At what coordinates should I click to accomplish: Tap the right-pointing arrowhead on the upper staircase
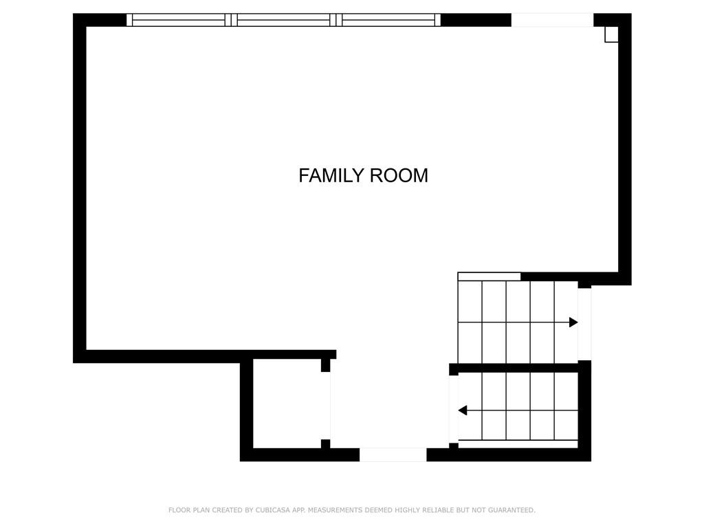tap(573, 322)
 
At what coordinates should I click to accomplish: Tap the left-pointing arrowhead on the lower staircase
tap(463, 410)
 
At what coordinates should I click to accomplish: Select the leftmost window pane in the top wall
tap(179, 20)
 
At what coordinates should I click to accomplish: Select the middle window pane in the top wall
tap(283, 20)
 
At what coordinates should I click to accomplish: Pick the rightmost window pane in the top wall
tap(388, 20)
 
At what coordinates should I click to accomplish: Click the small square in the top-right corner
tap(611, 34)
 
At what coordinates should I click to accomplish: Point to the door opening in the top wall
tap(552, 20)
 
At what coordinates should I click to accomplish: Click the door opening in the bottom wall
tap(393, 455)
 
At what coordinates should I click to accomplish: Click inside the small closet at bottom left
tap(287, 403)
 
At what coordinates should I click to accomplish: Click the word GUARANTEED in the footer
tap(511, 510)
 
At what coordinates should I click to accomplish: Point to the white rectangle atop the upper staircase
tap(489, 276)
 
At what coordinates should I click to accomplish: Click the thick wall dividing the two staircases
tap(518, 368)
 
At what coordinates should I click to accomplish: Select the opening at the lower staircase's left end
tap(454, 410)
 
